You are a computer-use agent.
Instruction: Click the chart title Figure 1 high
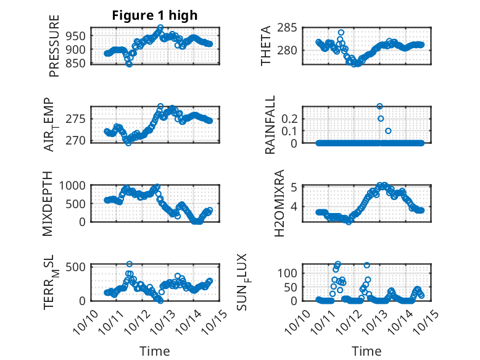click(154, 16)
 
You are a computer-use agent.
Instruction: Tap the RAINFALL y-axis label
click(271, 125)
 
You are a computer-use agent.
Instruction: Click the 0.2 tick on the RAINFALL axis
click(290, 118)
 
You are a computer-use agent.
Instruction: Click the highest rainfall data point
click(380, 106)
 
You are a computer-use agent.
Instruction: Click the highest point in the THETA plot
click(341, 33)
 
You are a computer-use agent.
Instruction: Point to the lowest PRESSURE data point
click(129, 64)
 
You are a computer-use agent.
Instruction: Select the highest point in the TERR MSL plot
click(130, 264)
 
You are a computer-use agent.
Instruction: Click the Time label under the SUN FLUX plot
click(366, 351)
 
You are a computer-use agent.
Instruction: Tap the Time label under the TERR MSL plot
click(154, 351)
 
